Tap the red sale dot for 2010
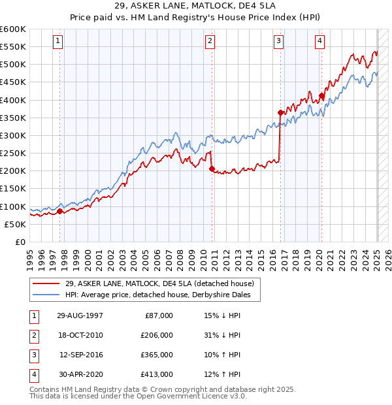[x=212, y=169]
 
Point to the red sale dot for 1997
[x=59, y=211]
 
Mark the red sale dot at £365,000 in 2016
[x=280, y=112]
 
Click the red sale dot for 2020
[x=321, y=95]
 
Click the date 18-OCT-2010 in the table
[x=81, y=335]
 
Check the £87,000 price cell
[x=157, y=316]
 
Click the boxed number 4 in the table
[x=32, y=374]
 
